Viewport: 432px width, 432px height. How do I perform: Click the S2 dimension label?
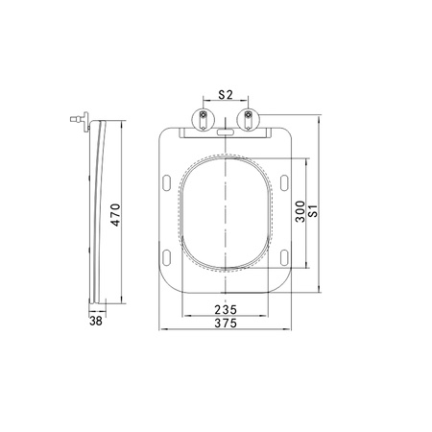226,95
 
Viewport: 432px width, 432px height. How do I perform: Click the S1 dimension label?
314,211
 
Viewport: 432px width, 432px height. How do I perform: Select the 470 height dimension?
115,215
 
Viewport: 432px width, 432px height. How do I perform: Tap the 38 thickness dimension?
96,321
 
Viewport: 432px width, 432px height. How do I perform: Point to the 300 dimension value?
300,211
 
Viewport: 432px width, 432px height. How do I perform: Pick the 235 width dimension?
226,310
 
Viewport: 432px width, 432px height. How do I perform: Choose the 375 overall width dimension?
226,324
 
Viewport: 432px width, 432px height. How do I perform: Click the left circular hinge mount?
203,120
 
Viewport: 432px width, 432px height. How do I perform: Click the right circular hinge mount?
248,120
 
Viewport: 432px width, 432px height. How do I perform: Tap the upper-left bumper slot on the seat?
167,183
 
